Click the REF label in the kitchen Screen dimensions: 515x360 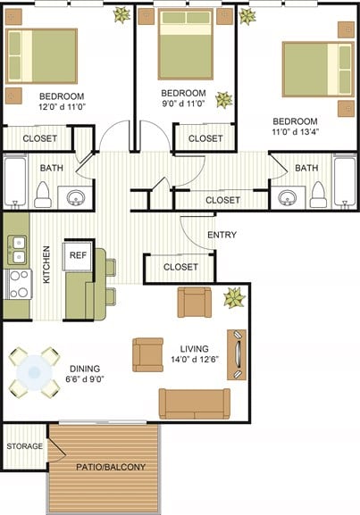pos(78,253)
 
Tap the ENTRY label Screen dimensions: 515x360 pos(222,235)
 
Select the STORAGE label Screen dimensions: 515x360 pos(24,445)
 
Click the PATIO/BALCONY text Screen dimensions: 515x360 pos(105,467)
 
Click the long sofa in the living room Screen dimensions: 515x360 pos(194,403)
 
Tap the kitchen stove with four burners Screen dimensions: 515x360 pos(18,284)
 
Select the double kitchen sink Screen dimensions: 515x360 pos(17,249)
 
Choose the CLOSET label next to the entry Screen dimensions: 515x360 pos(180,267)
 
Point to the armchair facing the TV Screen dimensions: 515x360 pos(147,354)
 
